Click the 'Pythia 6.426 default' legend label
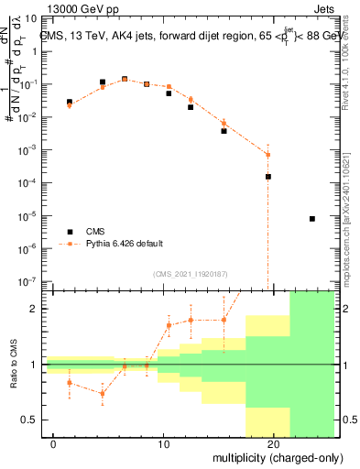point(124,244)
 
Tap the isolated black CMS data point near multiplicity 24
point(312,219)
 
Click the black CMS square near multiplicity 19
point(268,177)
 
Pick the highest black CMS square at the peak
point(125,79)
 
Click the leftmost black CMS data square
point(70,102)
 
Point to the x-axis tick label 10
point(164,442)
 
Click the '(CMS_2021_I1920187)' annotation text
point(190,273)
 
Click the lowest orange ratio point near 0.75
point(103,393)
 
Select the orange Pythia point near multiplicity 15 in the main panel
point(224,123)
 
